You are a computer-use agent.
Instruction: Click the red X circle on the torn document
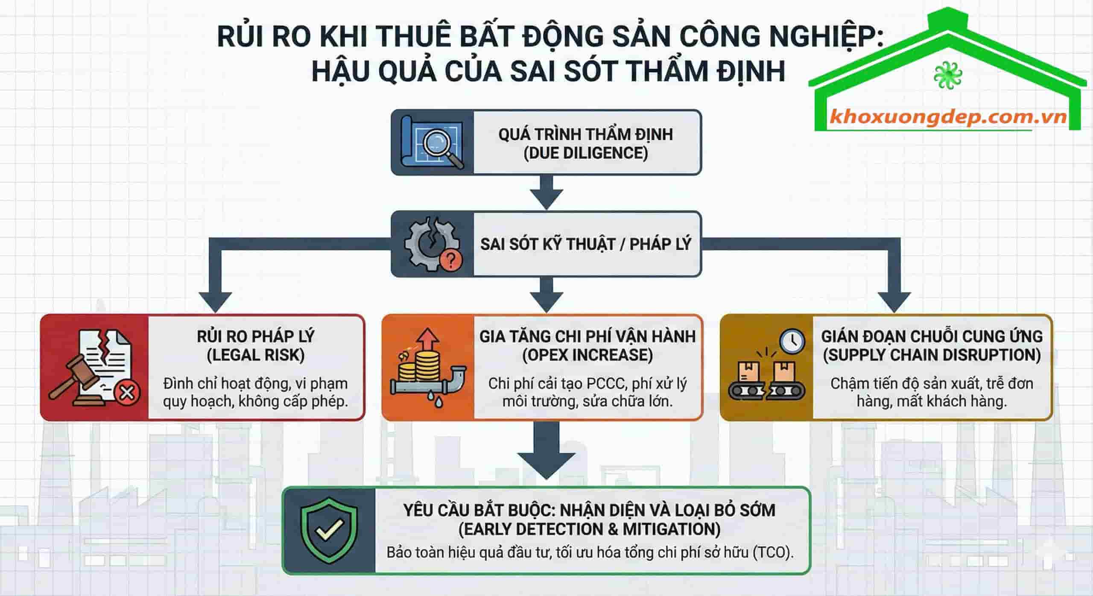point(126,392)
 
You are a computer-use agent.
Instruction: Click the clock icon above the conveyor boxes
point(792,340)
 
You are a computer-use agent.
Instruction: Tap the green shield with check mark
point(329,530)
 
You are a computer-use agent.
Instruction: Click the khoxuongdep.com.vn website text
point(947,117)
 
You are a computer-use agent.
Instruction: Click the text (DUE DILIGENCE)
point(586,153)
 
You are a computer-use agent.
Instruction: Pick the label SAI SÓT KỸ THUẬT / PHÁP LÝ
point(585,244)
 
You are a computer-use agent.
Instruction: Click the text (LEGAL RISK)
point(255,355)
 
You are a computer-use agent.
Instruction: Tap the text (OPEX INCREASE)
point(587,355)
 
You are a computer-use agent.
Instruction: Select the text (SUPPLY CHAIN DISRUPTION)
point(931,355)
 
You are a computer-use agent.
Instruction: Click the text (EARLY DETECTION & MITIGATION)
point(589,529)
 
